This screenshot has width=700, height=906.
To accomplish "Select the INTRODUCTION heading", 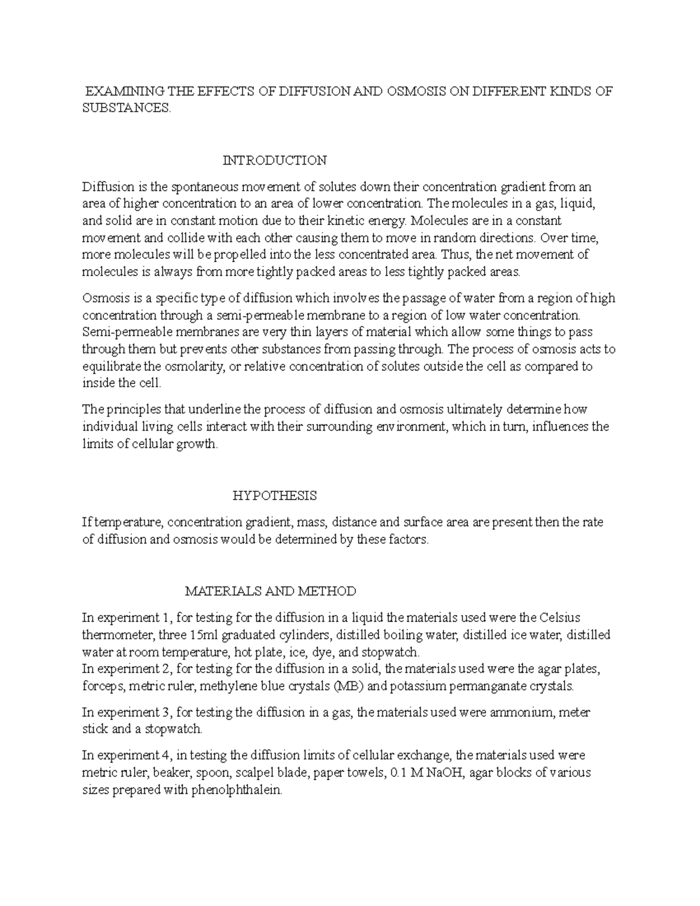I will click(274, 160).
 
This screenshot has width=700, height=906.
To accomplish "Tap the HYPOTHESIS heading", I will click(274, 496).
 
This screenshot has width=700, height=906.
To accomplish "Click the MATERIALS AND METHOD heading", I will click(270, 591).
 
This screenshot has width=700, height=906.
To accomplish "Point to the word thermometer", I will click(117, 635).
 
